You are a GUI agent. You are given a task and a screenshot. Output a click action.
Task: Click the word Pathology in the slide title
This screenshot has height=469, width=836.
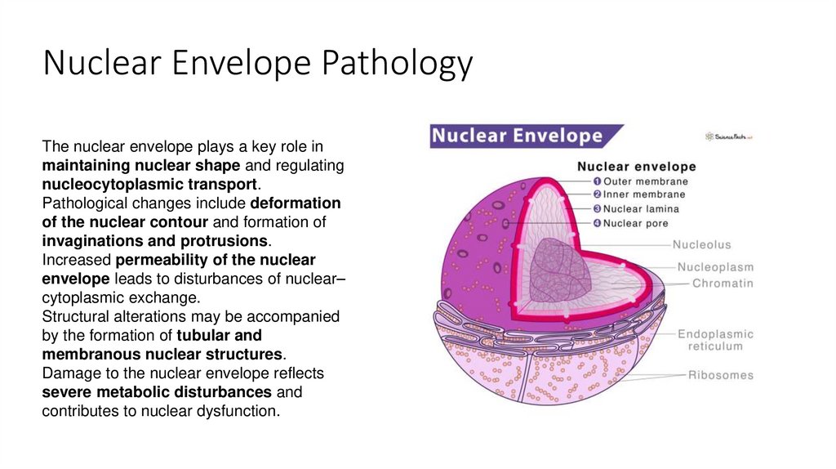[x=396, y=64]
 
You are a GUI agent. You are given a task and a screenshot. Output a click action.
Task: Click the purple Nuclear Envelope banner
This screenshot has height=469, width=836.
[x=522, y=136]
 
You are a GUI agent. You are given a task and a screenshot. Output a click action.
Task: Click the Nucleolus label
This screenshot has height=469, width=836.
[x=701, y=244]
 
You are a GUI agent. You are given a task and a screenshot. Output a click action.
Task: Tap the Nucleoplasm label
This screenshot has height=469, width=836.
[x=715, y=267]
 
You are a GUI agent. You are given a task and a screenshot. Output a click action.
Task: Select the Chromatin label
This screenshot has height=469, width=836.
[x=723, y=284]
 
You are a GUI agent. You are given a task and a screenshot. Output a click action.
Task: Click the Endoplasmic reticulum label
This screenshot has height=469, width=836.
[x=715, y=340]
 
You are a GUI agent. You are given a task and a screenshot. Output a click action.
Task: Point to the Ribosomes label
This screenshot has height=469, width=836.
[x=720, y=376]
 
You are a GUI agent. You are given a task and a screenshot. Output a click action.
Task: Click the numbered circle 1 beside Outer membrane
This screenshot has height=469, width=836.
[x=597, y=181]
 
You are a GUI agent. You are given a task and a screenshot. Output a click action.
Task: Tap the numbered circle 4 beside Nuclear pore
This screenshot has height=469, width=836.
[x=597, y=223]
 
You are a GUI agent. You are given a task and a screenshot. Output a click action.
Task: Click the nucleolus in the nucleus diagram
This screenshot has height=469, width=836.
[x=558, y=274]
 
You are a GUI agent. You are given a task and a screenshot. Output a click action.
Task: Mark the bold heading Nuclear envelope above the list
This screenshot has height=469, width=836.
[x=636, y=166]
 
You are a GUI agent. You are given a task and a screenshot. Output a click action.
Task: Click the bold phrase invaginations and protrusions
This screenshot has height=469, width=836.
[x=154, y=241]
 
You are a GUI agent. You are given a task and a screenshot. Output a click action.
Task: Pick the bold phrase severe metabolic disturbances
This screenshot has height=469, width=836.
[x=157, y=392]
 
